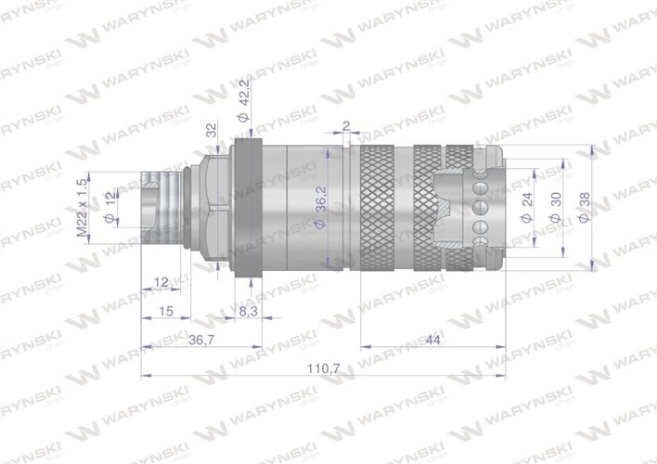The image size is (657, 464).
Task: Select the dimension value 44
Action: pos(432,341)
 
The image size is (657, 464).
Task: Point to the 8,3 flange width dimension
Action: pos(249,313)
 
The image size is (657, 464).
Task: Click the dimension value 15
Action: pos(167,313)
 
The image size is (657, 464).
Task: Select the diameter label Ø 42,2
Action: pos(243,105)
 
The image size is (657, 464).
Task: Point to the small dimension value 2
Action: pos(345,125)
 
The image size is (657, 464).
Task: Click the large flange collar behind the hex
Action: pos(248,210)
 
